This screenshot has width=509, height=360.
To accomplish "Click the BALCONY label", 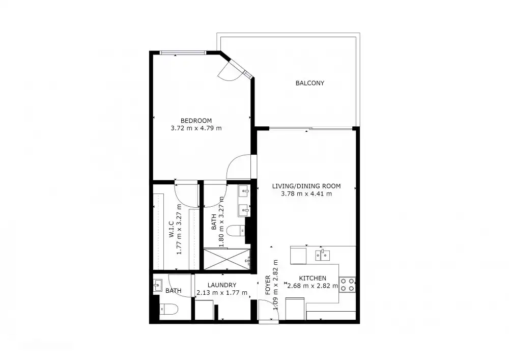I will [x=309, y=83].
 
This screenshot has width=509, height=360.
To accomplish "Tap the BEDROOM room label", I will [x=196, y=120].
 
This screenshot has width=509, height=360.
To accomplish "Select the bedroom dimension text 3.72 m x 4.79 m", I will [x=196, y=128].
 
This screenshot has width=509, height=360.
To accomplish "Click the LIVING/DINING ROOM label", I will [x=306, y=186].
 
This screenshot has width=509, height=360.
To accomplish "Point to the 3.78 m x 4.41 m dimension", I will [x=306, y=193].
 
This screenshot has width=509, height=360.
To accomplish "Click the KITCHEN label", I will [x=312, y=278].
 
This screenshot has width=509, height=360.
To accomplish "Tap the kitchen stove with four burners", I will [x=347, y=284].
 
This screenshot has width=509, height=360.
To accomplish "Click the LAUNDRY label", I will [x=222, y=285].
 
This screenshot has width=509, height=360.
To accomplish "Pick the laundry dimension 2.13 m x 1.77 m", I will [x=222, y=293].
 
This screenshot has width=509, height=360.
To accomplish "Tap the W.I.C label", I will [x=172, y=230].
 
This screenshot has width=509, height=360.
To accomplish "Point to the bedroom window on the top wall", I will [x=183, y=52].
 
